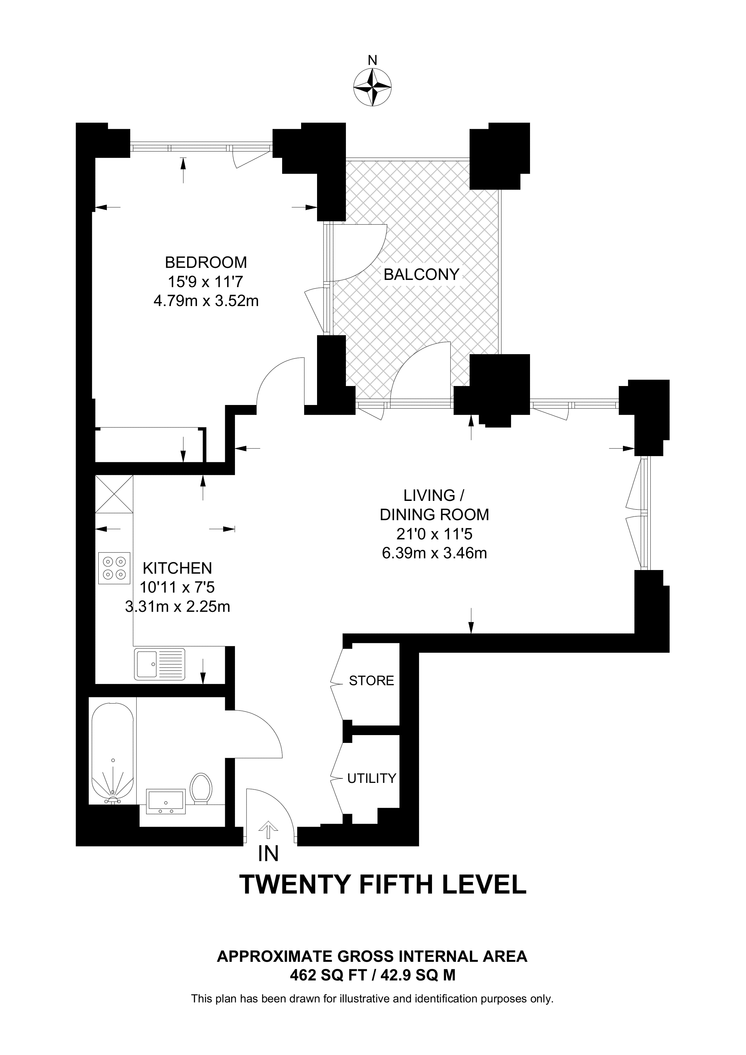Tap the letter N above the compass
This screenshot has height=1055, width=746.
coord(372,60)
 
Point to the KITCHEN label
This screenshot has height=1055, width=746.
coord(177,568)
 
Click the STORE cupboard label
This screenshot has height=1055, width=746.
coord(371,681)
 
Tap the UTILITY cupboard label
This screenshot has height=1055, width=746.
coord(371,778)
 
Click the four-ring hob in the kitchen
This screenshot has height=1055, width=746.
coord(114,568)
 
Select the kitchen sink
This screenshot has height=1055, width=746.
coord(159,664)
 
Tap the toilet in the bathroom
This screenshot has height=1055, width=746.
coord(201,789)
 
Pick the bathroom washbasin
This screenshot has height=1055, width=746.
coord(165,802)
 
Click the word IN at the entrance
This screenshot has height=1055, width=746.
coord(269,854)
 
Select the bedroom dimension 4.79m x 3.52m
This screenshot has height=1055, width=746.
coord(206,301)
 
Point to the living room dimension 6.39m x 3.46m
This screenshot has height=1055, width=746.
coord(434,553)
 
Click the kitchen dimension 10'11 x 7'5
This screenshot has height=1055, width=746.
coord(177,587)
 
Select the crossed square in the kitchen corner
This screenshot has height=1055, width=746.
coord(114,494)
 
